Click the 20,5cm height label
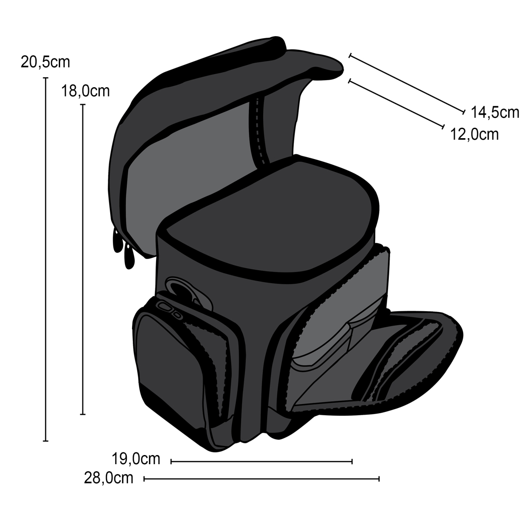pos(45,62)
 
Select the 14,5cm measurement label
pos(495,112)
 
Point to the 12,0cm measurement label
pos(474,134)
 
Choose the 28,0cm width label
pos(109,478)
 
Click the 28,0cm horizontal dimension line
pos(261,479)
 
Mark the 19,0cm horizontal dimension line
pos(261,461)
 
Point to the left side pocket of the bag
pos(174,362)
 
